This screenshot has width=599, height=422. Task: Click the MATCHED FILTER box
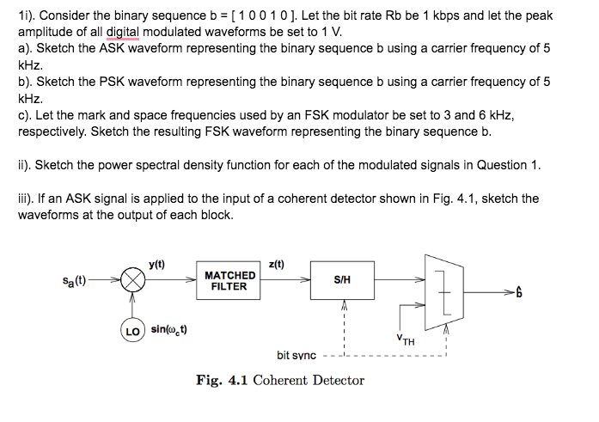pyautogui.click(x=229, y=280)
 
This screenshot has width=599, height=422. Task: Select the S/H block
pyautogui.click(x=341, y=280)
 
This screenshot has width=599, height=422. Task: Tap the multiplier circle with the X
pyautogui.click(x=131, y=280)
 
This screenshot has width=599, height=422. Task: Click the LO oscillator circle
pyautogui.click(x=131, y=329)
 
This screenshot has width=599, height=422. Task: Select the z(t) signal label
pyautogui.click(x=276, y=265)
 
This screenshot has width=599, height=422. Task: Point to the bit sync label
pyautogui.click(x=296, y=355)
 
